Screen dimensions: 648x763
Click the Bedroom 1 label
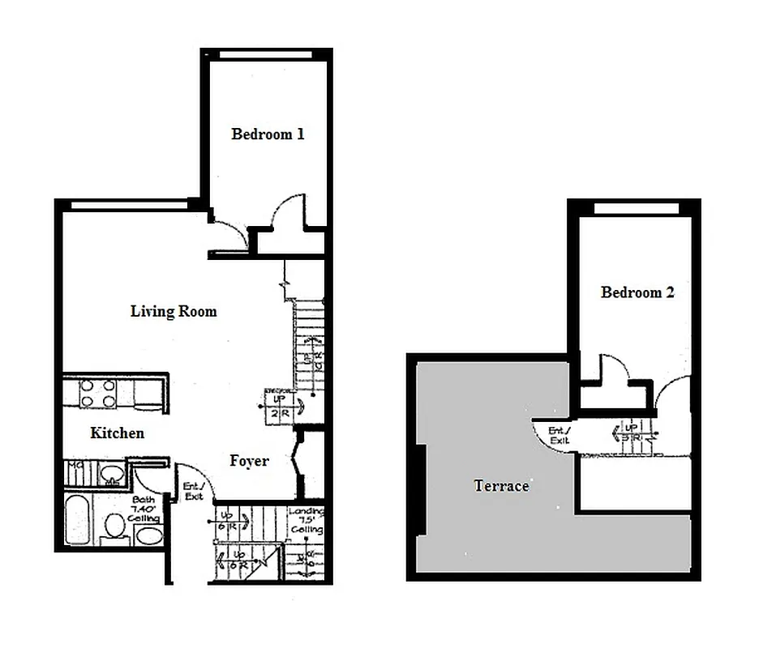click(x=268, y=134)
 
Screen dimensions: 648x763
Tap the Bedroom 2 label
click(x=637, y=292)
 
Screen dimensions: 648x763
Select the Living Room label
click(x=174, y=311)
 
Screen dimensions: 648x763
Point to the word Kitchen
click(x=117, y=433)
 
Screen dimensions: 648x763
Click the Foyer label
click(x=249, y=461)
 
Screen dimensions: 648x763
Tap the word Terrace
click(x=501, y=486)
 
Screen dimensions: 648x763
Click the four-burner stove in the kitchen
click(x=97, y=394)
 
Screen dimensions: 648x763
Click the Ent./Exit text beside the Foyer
click(x=193, y=492)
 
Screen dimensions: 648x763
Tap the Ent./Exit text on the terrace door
click(x=559, y=435)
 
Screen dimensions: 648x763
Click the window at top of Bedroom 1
click(x=265, y=54)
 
